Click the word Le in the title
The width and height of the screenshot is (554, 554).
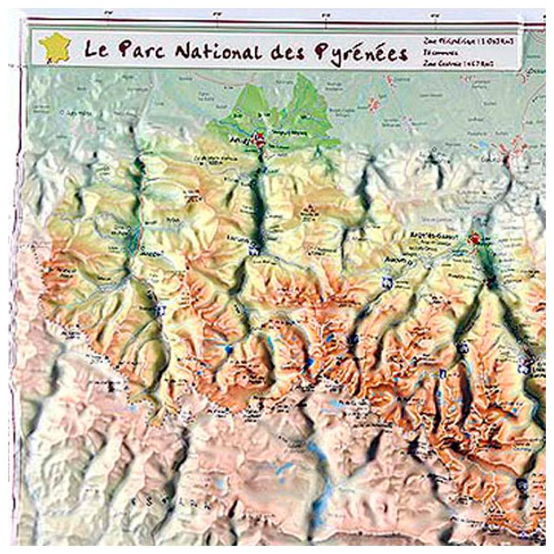pyautogui.click(x=96, y=50)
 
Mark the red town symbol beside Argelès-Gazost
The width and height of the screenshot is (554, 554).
pyautogui.click(x=474, y=239)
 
